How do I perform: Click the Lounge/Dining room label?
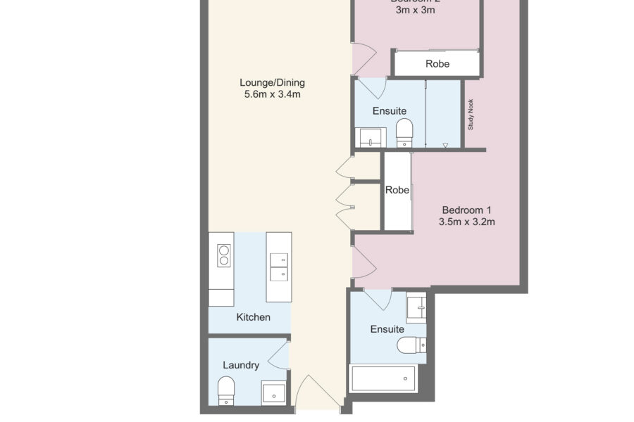(272, 82)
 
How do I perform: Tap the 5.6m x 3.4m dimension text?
(272, 94)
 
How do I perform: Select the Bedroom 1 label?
(466, 210)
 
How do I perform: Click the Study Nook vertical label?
(471, 114)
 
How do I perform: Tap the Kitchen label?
(253, 317)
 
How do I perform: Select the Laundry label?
(241, 365)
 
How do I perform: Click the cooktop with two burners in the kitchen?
(224, 255)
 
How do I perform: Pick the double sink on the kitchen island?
(278, 266)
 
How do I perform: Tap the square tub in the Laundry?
(274, 392)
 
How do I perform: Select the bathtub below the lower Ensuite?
(384, 378)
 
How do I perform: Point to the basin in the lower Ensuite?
(416, 307)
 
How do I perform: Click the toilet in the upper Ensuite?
(404, 132)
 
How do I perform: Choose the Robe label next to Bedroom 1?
(397, 191)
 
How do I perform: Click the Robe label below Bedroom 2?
(437, 64)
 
